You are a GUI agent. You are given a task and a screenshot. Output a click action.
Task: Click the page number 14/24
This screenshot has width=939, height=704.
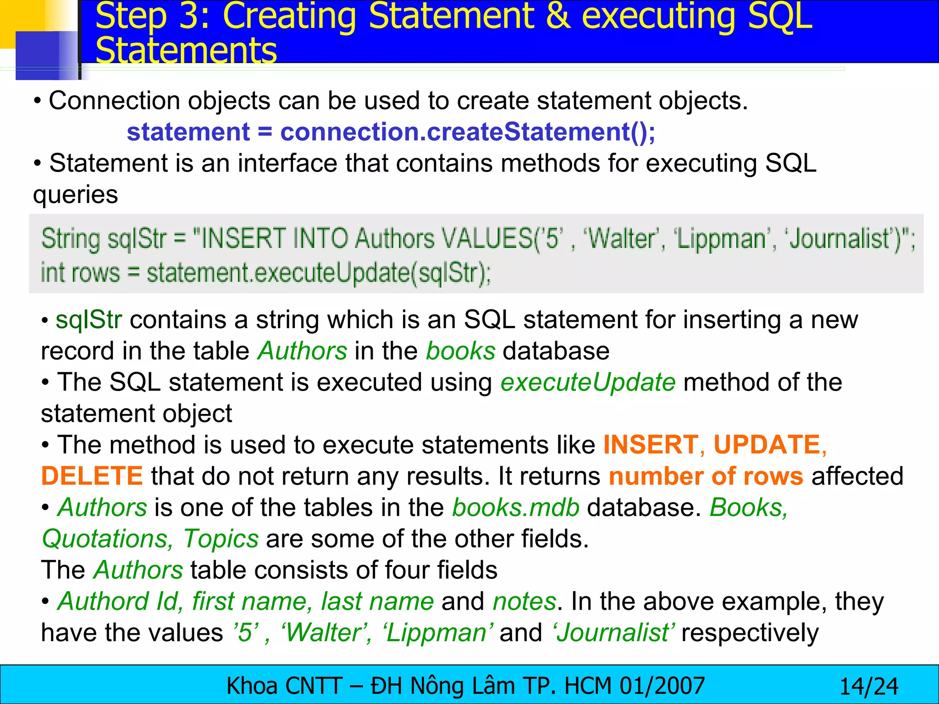pyautogui.click(x=868, y=687)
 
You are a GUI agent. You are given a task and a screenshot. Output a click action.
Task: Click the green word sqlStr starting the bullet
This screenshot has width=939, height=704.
pyautogui.click(x=88, y=320)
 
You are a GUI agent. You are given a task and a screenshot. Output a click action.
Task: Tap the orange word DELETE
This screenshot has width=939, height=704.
pyautogui.click(x=92, y=476)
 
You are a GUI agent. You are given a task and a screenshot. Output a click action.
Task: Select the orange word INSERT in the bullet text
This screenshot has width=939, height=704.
pyautogui.click(x=651, y=445)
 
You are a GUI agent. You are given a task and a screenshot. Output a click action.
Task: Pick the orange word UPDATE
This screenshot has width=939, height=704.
pyautogui.click(x=767, y=445)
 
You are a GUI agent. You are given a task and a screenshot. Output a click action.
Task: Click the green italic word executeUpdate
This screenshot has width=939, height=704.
pyautogui.click(x=588, y=382)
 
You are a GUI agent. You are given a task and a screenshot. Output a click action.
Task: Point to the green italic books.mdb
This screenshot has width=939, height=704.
pyautogui.click(x=516, y=507)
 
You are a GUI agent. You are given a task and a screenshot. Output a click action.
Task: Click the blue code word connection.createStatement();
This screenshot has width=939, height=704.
pyautogui.click(x=468, y=132)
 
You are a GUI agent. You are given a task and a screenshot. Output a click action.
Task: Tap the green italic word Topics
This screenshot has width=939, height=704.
pyautogui.click(x=221, y=539)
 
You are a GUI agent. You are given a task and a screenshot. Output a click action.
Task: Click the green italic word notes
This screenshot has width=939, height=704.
pyautogui.click(x=525, y=601)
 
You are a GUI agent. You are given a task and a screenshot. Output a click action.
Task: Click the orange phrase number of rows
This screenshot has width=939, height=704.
pyautogui.click(x=706, y=476)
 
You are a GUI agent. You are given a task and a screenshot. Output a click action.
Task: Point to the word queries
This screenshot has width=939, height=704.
pyautogui.click(x=76, y=195)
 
